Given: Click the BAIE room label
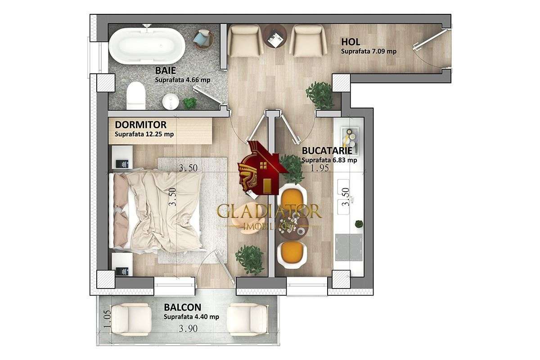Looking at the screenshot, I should coord(166,71).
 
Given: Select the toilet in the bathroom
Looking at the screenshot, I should coord(135,96).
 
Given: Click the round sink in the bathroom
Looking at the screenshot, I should coord(170,101).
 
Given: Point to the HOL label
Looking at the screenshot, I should coord(351,42).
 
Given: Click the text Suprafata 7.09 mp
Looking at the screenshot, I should coord(369,51).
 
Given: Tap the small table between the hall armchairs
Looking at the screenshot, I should coord(275,36).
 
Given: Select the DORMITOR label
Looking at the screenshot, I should coord(140,124).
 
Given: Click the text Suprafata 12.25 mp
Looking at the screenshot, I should coord(144,134).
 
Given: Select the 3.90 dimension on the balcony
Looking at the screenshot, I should coord(188,328).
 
